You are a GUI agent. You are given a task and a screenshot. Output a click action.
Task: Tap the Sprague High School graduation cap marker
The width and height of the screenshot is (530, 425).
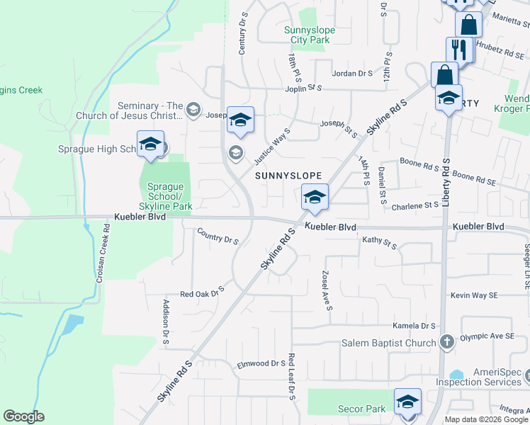tap(150, 144)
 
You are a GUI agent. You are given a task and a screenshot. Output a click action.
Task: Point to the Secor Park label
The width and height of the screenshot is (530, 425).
tap(362, 409)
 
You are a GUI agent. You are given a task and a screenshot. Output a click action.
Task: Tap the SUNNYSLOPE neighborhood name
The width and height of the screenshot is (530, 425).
tap(288, 175)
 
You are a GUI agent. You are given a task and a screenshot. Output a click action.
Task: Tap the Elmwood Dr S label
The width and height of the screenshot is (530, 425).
tap(261, 363)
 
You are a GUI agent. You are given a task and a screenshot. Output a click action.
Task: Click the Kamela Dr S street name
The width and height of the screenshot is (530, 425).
tap(414, 326)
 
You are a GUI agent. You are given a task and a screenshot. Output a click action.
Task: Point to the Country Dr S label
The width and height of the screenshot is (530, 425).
tap(218, 237)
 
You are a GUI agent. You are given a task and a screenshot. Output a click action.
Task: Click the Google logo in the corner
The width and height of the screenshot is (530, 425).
tap(23, 416)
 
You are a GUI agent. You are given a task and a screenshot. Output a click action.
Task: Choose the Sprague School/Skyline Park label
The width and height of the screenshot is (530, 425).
tap(166, 196)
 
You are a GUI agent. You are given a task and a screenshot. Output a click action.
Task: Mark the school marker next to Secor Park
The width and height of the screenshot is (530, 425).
tap(407, 402)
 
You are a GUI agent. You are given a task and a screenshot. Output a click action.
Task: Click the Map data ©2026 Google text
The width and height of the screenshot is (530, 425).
tap(486, 419)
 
